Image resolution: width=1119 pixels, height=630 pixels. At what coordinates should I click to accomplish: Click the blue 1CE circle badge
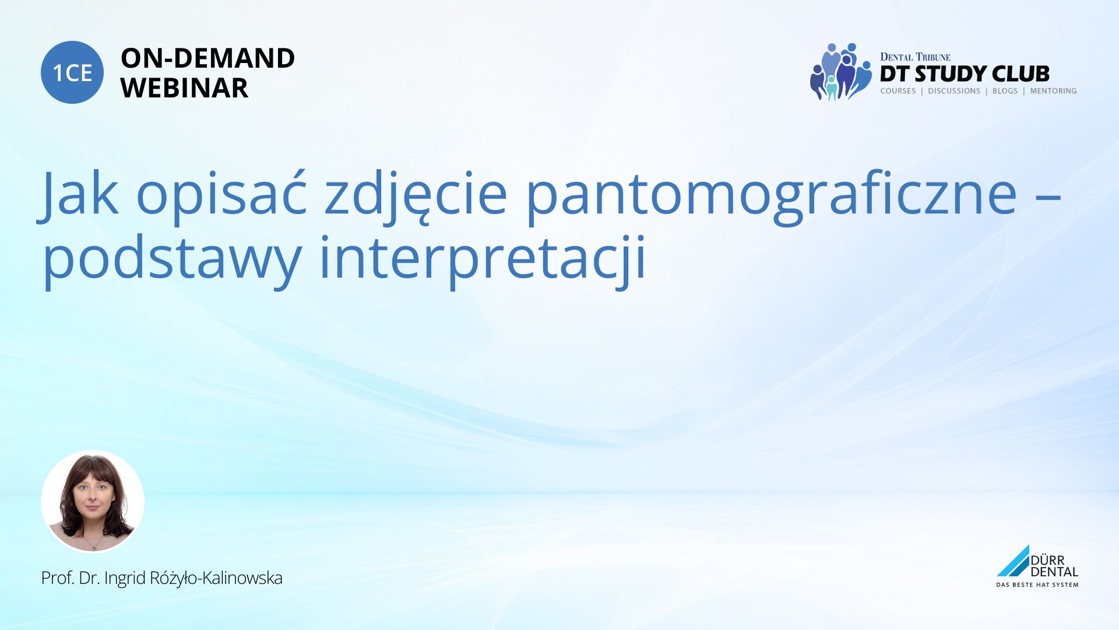tap(72, 72)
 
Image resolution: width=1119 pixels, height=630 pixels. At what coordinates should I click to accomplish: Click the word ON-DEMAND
tap(207, 58)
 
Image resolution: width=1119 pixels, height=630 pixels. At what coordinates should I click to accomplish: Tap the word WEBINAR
tap(184, 88)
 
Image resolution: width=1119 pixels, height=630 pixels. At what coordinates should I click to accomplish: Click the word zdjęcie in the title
tap(416, 196)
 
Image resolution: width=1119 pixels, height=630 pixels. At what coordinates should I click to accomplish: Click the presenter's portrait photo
tap(93, 501)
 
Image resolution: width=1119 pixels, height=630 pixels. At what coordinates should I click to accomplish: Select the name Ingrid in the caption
tap(125, 579)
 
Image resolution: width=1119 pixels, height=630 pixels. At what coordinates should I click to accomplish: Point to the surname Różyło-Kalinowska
tap(216, 578)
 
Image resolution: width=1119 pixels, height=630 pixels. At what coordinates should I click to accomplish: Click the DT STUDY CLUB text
tap(965, 74)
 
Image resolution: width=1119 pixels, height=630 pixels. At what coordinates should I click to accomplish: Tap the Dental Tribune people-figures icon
tap(840, 72)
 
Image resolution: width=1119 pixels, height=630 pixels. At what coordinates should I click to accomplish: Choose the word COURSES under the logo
tap(898, 91)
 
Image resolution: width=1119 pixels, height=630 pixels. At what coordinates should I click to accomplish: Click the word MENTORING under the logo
tap(1053, 91)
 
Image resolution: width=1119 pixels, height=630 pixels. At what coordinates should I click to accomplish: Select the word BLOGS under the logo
tap(1005, 91)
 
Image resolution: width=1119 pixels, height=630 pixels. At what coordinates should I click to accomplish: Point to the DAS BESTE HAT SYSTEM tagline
tap(1037, 584)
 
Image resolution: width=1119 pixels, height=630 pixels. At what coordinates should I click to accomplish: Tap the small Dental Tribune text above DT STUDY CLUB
tap(915, 57)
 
